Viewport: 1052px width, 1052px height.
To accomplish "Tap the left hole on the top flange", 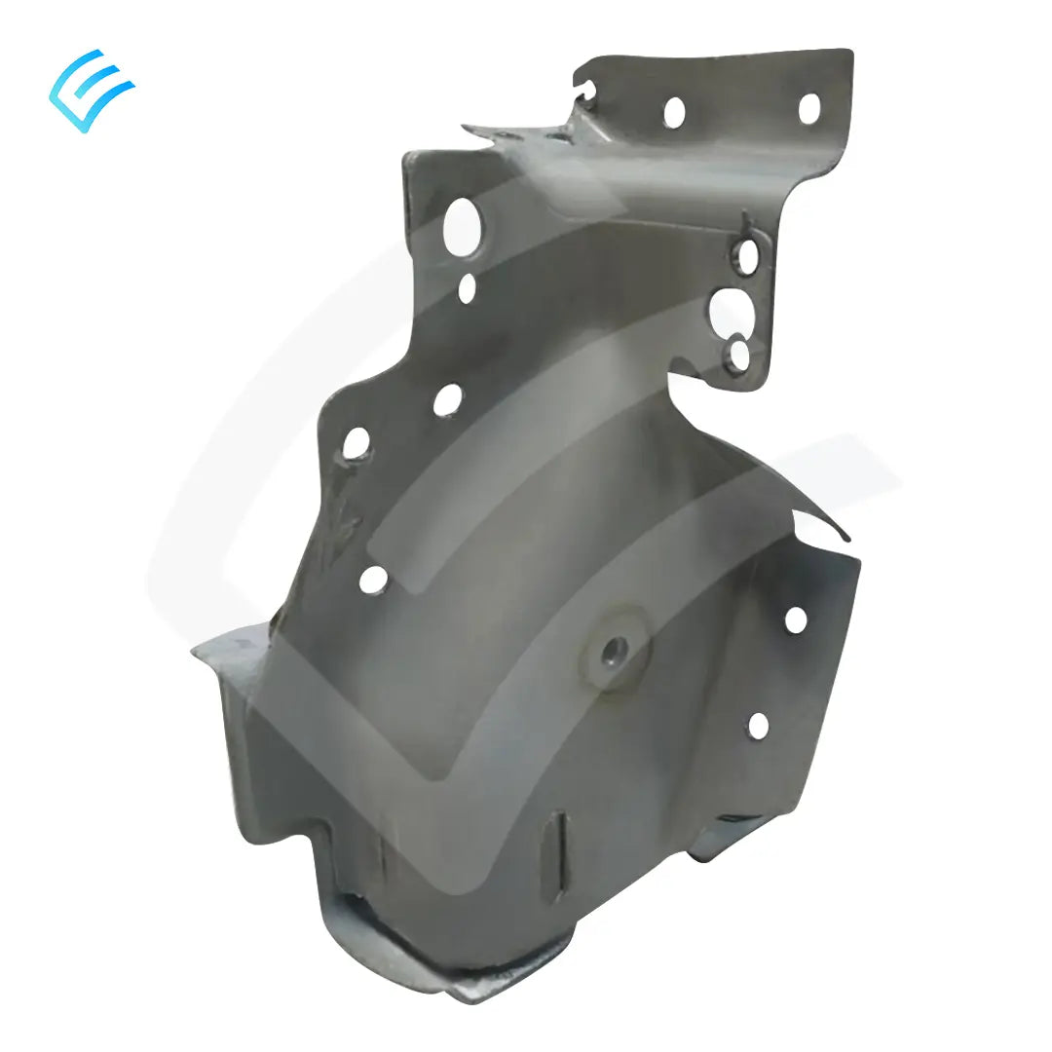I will click(673, 112).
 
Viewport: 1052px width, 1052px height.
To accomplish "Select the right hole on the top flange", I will click(808, 108).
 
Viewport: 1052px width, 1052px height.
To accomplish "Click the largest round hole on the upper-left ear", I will click(463, 226).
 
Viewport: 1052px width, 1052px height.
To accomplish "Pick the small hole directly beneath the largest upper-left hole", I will click(468, 288).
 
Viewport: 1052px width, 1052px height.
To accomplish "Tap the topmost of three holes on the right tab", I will click(747, 257).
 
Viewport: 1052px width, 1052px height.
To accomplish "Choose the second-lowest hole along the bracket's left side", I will click(357, 443).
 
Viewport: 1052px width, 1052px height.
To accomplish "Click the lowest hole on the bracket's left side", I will click(373, 580).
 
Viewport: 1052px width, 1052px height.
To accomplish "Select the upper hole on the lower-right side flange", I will click(796, 620).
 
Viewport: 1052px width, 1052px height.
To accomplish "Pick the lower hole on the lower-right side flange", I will click(758, 726).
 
